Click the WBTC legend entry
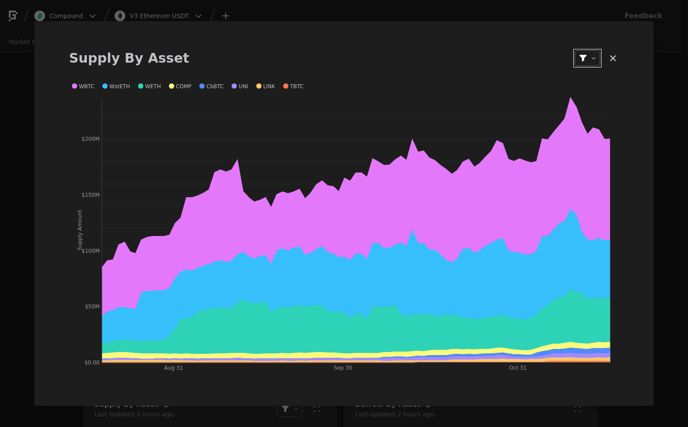pos(83,86)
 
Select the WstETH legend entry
pos(116,86)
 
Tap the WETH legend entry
pos(150,86)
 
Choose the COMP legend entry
pos(180,86)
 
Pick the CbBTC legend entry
pos(212,86)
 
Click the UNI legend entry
pos(240,86)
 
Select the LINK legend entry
pos(266,86)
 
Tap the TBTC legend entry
pos(294,86)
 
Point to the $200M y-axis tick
pos(90,139)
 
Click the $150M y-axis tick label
pos(90,195)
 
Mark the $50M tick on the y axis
pos(92,307)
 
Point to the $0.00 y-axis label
pos(92,363)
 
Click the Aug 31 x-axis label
pos(173,368)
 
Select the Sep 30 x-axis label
pos(343,368)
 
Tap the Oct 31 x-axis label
pos(518,368)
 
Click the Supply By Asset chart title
pos(129,58)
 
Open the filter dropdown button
pos(587,58)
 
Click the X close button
pos(613,58)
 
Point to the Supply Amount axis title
pos(80,230)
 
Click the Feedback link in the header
pos(643,16)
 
